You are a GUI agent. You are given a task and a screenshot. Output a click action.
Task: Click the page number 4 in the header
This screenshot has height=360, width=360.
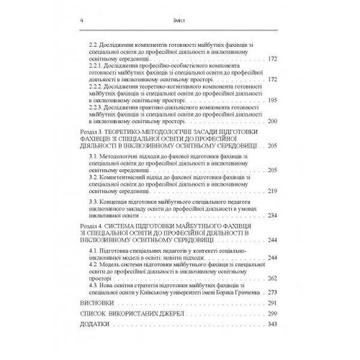[x=73, y=20]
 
